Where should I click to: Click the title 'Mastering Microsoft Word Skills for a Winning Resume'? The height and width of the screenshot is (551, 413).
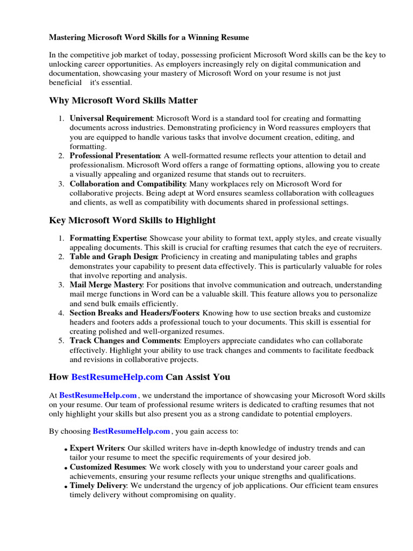(x=149, y=38)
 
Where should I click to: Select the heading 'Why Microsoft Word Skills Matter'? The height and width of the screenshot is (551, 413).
(x=123, y=101)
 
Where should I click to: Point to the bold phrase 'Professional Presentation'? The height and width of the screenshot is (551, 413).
(x=115, y=156)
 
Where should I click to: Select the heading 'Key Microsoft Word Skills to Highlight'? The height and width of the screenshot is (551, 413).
(x=132, y=220)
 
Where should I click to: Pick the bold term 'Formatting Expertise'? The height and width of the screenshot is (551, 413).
(x=108, y=238)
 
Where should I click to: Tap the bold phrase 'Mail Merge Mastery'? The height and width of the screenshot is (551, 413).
(x=106, y=285)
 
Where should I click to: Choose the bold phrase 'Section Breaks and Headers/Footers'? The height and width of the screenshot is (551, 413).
(x=134, y=313)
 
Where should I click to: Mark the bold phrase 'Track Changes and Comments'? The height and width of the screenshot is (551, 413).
(x=124, y=341)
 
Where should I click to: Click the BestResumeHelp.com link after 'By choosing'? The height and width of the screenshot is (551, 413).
(x=132, y=431)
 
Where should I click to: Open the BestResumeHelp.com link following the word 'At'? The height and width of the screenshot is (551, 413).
(x=98, y=395)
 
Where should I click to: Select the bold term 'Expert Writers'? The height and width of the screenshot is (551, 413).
(x=97, y=448)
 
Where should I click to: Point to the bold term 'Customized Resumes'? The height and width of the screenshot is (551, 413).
(x=107, y=467)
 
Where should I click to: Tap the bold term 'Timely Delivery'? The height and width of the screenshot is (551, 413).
(x=98, y=485)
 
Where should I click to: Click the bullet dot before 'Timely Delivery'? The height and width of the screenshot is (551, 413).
(x=66, y=486)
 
